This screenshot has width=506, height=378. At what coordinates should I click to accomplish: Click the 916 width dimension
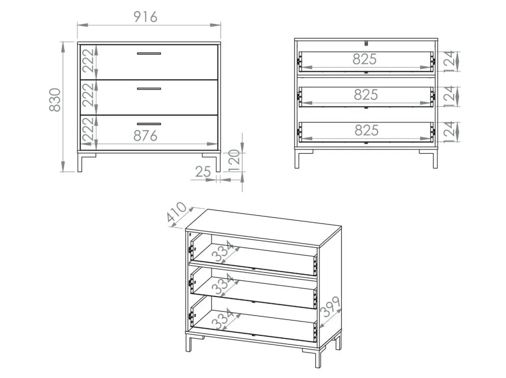click(145, 17)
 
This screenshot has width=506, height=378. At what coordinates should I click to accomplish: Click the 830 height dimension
click(55, 100)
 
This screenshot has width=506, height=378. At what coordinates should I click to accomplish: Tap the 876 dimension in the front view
click(145, 135)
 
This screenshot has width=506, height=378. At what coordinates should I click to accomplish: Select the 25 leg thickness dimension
click(203, 171)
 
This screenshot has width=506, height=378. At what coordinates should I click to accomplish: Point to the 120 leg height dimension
click(234, 160)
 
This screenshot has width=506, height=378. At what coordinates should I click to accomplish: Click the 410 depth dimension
click(177, 212)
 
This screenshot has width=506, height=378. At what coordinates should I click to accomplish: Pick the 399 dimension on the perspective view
click(330, 307)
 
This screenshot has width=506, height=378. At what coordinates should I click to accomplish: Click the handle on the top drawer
click(149, 53)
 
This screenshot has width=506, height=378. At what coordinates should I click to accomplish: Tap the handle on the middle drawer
click(149, 89)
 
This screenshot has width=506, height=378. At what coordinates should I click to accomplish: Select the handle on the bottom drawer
click(149, 124)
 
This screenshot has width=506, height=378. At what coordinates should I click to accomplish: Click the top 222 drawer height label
click(88, 61)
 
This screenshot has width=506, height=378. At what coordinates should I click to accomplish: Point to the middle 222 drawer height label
click(88, 95)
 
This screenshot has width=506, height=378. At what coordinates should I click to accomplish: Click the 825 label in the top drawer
click(365, 59)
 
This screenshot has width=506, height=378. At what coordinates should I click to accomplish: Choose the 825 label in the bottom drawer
click(367, 130)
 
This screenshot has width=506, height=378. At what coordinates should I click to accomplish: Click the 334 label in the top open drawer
click(223, 251)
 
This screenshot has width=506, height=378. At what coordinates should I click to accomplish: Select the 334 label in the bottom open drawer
click(223, 318)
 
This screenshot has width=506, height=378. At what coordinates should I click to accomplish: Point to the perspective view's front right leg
click(317, 357)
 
